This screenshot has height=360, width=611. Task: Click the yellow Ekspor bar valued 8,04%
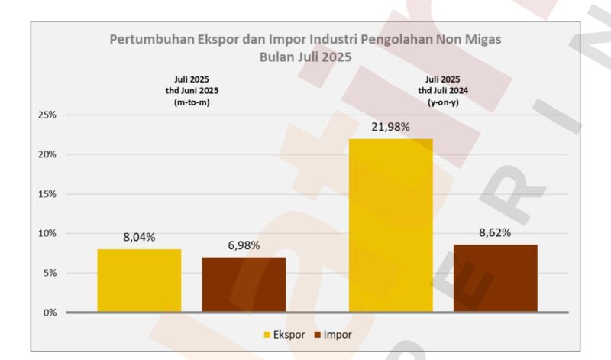point(139,281)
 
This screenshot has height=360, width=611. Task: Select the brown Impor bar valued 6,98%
point(244,284)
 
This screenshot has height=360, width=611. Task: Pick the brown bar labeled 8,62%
point(495,278)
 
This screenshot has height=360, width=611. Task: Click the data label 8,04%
point(139,238)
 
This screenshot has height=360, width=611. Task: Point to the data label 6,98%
point(244,245)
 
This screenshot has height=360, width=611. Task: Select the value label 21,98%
point(390,127)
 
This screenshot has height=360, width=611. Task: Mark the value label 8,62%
point(495,232)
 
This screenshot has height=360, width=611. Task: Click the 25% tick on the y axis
point(47,115)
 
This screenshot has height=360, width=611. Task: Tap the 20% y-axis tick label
point(47,154)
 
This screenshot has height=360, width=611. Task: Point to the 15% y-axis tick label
point(47,194)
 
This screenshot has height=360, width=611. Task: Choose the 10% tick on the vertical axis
point(47,233)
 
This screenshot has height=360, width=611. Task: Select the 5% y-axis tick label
point(49,273)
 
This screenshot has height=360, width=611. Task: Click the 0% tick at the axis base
point(49,313)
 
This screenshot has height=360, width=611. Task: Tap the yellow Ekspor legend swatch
point(267,335)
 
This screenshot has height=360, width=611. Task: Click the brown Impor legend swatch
point(318,335)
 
